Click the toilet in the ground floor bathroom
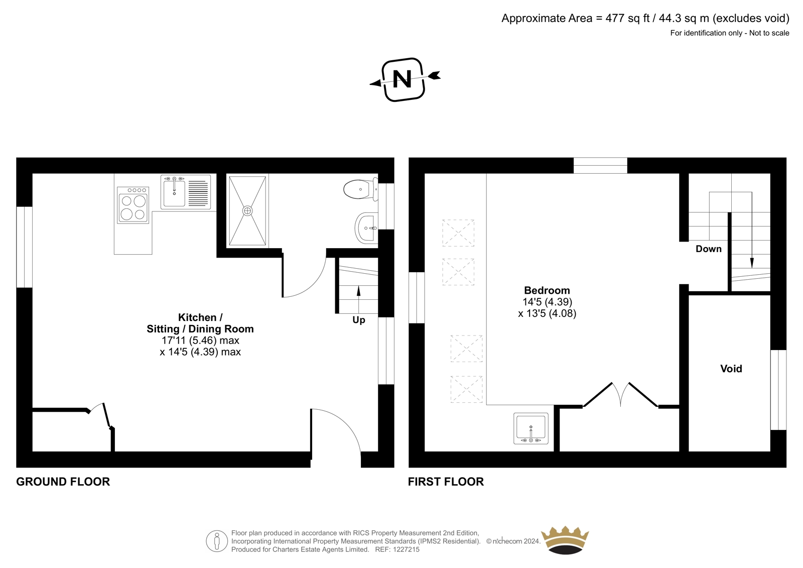point(360,189)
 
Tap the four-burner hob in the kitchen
point(133,205)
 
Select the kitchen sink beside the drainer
point(174,193)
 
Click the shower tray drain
point(247,210)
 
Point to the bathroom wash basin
point(366,228)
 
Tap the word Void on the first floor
point(731,369)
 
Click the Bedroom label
point(547,290)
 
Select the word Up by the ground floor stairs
point(358,320)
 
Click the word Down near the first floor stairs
point(708,249)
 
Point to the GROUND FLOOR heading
point(63,482)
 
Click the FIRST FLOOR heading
point(446,482)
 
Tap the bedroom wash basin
point(530,428)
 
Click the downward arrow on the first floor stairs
point(752,230)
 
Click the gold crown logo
point(565,540)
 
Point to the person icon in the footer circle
point(216,541)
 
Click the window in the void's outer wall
point(778,390)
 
